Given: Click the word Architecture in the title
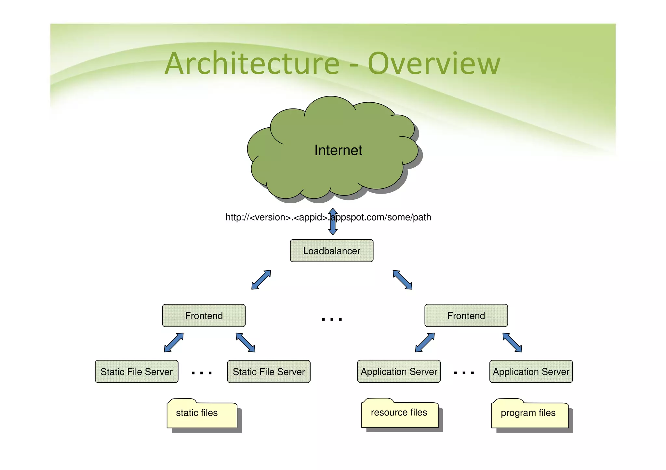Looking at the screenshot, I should point(252,63).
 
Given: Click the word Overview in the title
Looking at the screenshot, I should point(434,63).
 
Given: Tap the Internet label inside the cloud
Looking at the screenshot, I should point(338,150).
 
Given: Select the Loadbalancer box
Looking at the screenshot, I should point(331,251).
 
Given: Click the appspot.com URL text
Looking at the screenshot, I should point(328,217).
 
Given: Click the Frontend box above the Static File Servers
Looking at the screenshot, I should point(204,315).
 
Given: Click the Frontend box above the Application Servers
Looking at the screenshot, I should point(466,315).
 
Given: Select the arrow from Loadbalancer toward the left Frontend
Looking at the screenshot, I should point(261,280).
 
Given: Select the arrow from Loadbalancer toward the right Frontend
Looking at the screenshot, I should point(403,280).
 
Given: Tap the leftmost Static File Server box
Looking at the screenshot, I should point(137,371).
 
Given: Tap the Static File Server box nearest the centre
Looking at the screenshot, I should point(269,371).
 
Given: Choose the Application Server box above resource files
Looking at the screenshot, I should point(399,371).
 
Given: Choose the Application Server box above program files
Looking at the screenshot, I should point(531,371).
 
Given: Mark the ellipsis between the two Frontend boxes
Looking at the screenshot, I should point(332,320).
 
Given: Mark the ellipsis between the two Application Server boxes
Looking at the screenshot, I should point(464,373).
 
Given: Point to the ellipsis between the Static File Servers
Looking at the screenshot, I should point(202,373).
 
